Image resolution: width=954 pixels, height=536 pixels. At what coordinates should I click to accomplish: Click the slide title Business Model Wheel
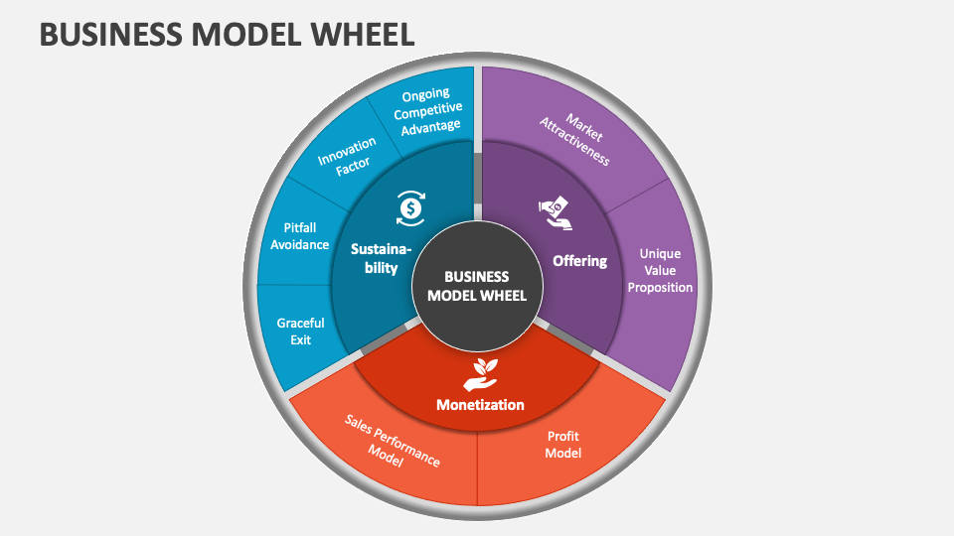(227, 34)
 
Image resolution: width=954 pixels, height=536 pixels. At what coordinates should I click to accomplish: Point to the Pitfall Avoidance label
(299, 236)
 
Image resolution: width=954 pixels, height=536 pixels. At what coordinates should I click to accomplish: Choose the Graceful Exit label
(301, 332)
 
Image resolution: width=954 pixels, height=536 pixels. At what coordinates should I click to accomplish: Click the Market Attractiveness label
(574, 140)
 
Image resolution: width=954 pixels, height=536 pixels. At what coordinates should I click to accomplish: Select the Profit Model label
(562, 444)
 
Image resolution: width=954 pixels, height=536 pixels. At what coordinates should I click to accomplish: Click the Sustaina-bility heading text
(375, 258)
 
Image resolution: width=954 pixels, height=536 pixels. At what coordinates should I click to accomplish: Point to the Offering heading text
(579, 261)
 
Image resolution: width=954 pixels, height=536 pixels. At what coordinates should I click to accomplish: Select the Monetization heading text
(480, 405)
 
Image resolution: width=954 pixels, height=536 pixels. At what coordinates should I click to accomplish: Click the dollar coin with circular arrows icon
(411, 206)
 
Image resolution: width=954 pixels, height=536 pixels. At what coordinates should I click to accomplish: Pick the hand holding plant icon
(481, 372)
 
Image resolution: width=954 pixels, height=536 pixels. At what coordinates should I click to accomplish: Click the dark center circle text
(477, 286)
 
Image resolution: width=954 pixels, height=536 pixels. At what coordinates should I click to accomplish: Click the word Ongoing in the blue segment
(425, 94)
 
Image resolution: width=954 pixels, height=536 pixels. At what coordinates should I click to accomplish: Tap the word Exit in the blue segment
(301, 339)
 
